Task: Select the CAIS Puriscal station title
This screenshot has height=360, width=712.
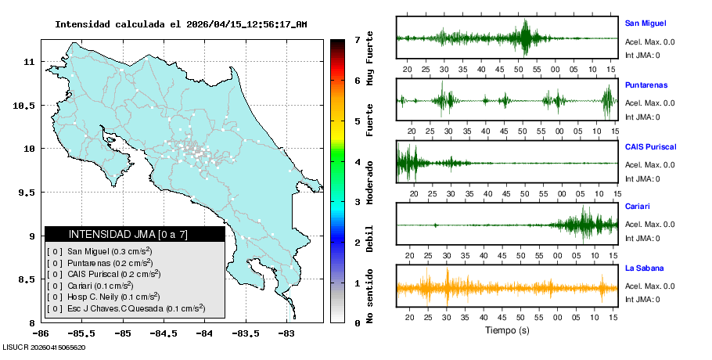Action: (x=650, y=146)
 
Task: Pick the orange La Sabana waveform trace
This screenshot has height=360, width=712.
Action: (x=507, y=287)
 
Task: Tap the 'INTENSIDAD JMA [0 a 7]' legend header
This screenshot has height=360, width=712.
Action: (x=134, y=234)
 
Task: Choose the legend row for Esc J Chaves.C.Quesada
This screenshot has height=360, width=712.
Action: (x=125, y=308)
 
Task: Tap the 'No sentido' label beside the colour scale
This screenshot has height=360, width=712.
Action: (x=370, y=297)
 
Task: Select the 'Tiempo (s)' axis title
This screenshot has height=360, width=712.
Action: (x=507, y=330)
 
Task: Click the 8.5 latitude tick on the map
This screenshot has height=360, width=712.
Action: (x=27, y=279)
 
